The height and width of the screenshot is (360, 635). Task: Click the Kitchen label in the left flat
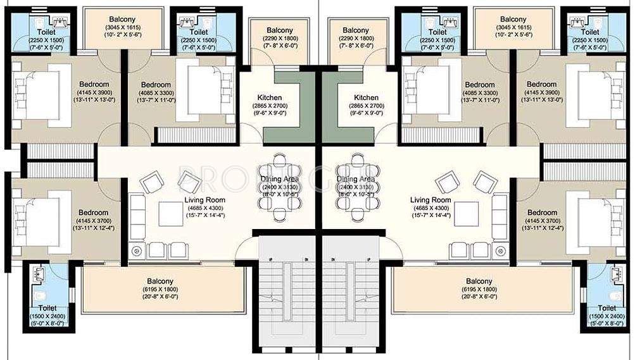pos(270,97)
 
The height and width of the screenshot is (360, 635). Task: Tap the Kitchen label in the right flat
pos(367,97)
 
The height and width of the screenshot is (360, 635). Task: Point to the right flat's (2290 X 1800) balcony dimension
pos(355,39)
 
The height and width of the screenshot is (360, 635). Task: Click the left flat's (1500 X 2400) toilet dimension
pos(47,316)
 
